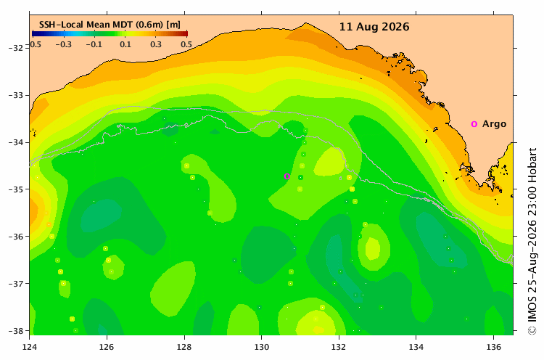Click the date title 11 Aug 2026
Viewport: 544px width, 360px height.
point(374,27)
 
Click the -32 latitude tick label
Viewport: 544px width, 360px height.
point(16,48)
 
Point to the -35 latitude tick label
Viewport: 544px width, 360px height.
point(16,189)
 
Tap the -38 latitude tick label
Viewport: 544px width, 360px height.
point(16,330)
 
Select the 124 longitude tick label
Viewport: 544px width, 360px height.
point(29,347)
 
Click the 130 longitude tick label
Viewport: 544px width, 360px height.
point(261,347)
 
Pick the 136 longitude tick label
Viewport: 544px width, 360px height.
point(493,347)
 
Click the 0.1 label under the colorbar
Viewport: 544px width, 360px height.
point(125,44)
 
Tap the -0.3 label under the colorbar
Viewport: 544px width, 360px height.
point(64,44)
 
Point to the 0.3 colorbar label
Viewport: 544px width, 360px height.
point(156,44)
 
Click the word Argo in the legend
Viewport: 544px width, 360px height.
point(494,124)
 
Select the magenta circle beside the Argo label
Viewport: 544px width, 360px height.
point(474,124)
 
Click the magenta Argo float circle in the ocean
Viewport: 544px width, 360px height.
point(287,176)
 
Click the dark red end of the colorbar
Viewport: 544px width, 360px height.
point(186,33)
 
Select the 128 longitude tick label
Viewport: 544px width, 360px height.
point(184,347)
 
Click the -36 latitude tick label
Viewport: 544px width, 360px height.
point(16,236)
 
